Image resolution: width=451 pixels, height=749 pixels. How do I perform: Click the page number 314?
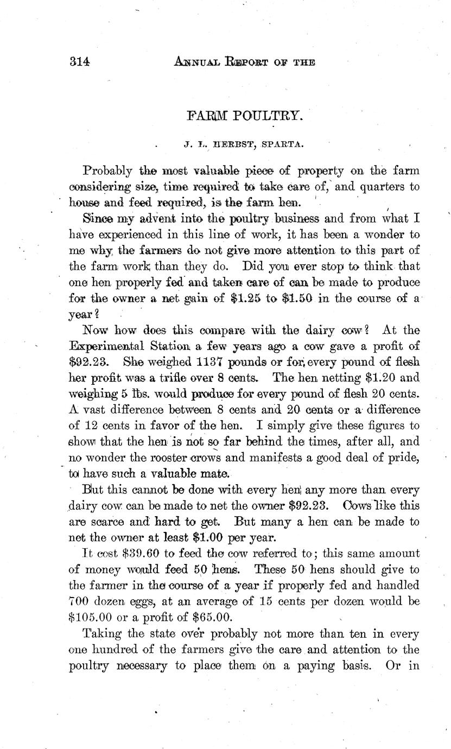coord(79,61)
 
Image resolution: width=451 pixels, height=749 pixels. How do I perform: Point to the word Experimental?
coord(108,346)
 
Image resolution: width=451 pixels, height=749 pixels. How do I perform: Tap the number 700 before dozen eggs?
coord(80,586)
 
